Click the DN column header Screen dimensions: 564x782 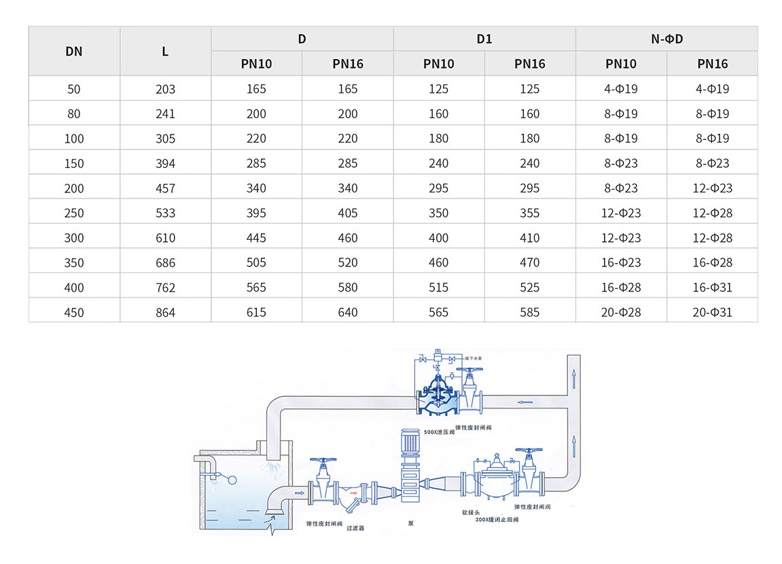click(x=74, y=51)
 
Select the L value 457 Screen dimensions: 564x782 click(x=165, y=188)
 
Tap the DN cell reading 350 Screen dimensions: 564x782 click(x=74, y=263)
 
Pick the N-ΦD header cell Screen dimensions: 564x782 click(x=667, y=39)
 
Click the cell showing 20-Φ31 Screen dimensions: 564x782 click(x=712, y=313)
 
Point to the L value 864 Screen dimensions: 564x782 click(x=165, y=313)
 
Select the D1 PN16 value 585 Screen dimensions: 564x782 click(x=530, y=313)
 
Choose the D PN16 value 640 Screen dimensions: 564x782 click(x=348, y=313)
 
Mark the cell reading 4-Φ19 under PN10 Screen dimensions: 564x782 click(x=621, y=89)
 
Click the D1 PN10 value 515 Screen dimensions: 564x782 click(x=439, y=287)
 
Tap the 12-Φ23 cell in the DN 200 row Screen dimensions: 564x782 click(x=712, y=188)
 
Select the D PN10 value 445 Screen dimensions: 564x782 click(x=256, y=238)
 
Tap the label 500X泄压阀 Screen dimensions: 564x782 click(x=438, y=431)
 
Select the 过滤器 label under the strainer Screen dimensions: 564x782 click(x=355, y=528)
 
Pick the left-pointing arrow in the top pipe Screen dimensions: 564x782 click(x=525, y=402)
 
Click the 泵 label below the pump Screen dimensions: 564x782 click(x=410, y=523)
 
